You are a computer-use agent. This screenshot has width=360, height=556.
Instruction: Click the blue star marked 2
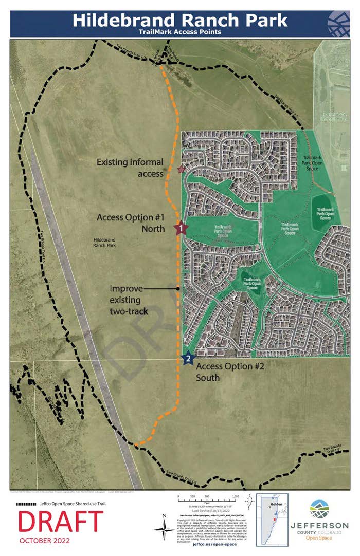click(188, 358)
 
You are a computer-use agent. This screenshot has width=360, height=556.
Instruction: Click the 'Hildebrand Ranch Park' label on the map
click(105, 243)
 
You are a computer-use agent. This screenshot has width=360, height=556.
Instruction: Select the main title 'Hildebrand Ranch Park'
click(179, 20)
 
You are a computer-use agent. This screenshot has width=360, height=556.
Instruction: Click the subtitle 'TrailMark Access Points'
click(179, 32)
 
